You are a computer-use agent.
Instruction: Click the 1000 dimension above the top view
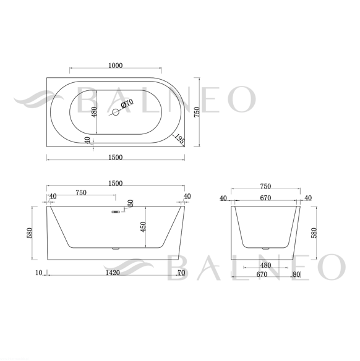(x=116, y=66)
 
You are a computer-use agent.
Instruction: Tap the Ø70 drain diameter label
(x=127, y=103)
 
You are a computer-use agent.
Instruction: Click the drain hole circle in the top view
(x=116, y=113)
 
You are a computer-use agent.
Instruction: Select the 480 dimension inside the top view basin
(x=94, y=112)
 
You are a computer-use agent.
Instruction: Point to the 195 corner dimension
(x=179, y=139)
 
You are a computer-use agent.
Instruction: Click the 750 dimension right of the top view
(x=197, y=112)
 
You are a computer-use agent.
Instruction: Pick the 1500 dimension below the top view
(x=116, y=158)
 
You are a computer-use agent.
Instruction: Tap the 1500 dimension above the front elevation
(x=116, y=184)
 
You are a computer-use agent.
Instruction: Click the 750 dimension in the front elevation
(x=81, y=192)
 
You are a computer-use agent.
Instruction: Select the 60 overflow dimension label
(x=131, y=203)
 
